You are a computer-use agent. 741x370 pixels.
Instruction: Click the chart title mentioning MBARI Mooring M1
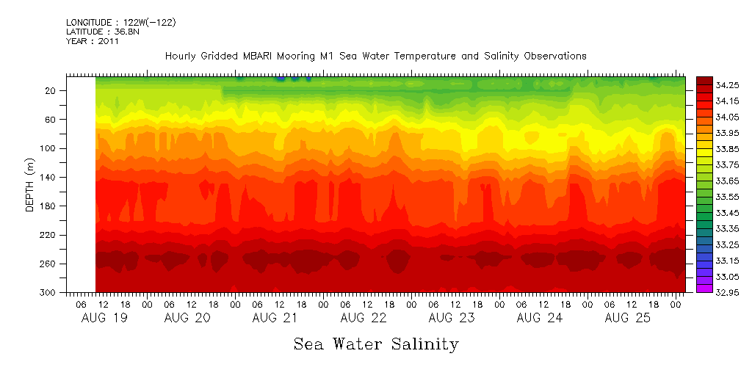pos(375,56)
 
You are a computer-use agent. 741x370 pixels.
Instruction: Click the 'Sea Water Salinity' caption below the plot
pos(376,344)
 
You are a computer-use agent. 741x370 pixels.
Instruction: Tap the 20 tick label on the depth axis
pos(51,91)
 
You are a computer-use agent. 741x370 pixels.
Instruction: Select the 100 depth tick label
pos(49,149)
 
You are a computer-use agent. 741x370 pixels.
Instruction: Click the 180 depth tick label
pos(49,206)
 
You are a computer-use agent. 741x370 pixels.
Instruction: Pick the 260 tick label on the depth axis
pos(49,264)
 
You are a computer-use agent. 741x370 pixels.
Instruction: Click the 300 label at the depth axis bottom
pos(49,293)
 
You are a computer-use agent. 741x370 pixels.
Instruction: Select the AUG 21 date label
pos(275,318)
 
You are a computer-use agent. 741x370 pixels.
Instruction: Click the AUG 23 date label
pos(451,318)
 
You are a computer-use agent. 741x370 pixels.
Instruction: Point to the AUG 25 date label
pos(626,318)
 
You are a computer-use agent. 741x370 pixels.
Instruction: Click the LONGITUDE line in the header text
pos(120,23)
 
